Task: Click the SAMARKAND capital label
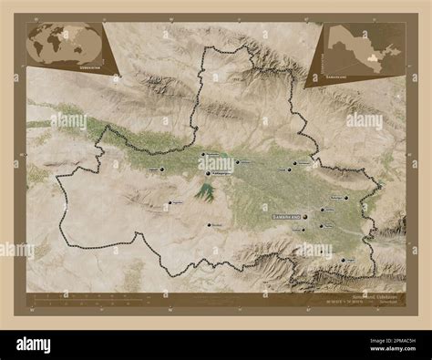[x=289, y=217]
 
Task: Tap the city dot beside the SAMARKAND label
[x=308, y=216]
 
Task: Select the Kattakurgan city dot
[x=206, y=172]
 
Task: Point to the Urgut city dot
[x=336, y=258]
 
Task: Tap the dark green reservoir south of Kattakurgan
[x=208, y=191]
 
